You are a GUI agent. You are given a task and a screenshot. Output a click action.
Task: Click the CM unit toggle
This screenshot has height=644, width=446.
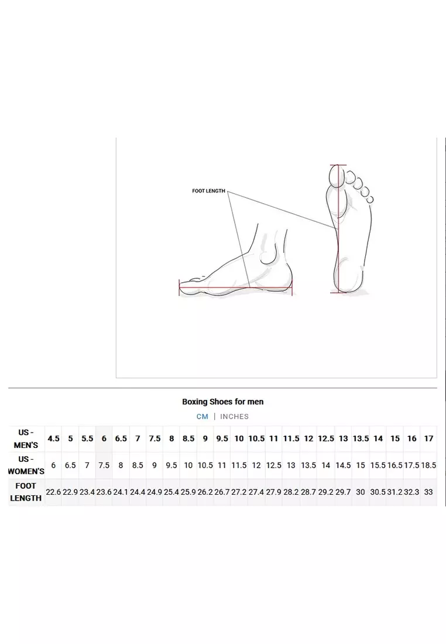coord(203,416)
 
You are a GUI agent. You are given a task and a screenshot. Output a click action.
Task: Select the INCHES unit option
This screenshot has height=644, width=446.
coord(235,416)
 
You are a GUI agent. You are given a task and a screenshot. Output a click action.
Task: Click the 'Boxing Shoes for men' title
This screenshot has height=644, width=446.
coord(223,402)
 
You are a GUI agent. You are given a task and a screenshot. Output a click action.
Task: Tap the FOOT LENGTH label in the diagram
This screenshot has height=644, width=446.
coord(208,191)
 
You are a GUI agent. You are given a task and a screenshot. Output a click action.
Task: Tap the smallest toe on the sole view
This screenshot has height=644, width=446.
coord(370,200)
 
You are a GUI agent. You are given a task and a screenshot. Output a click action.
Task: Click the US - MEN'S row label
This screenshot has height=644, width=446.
coord(26,439)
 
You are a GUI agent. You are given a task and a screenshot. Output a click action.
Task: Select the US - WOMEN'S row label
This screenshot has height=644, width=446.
coord(26,465)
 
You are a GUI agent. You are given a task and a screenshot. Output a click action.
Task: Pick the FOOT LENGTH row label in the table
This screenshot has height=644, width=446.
coord(26,492)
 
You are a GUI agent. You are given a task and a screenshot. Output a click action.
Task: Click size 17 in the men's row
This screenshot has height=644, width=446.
coord(429,439)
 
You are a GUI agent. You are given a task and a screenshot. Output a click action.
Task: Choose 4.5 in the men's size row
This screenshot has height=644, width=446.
coord(53,439)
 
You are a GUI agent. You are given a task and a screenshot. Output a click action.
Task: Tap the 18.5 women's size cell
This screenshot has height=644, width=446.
coord(429,465)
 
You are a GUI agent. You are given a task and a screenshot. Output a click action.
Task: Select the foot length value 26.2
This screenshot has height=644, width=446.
coord(205,492)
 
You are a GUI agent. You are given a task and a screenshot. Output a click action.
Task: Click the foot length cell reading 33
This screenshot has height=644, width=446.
coord(428,492)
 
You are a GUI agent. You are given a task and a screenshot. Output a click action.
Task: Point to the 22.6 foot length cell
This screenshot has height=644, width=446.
coord(53,492)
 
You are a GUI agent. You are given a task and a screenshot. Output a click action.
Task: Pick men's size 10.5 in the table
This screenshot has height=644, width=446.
coord(257,439)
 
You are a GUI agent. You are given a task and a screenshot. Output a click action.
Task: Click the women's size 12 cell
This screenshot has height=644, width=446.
coord(256,465)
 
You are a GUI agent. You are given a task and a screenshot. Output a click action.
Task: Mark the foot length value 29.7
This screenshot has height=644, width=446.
coord(343,492)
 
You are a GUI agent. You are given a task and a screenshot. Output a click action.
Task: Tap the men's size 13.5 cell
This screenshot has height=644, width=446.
coord(361,439)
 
